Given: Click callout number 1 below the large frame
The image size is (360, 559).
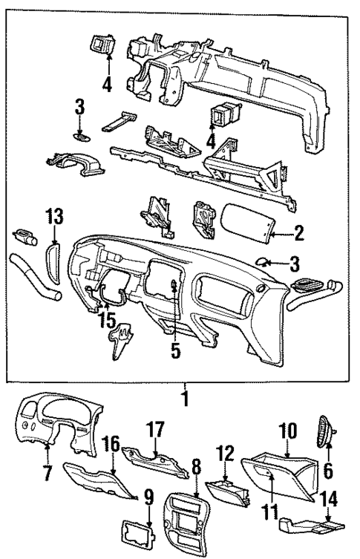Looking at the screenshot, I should point(184,399).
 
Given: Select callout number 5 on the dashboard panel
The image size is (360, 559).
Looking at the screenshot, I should point(174,350).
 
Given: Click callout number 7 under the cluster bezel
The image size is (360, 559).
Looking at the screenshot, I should point(48,472).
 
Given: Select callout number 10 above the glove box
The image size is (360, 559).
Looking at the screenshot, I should point(287,431).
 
